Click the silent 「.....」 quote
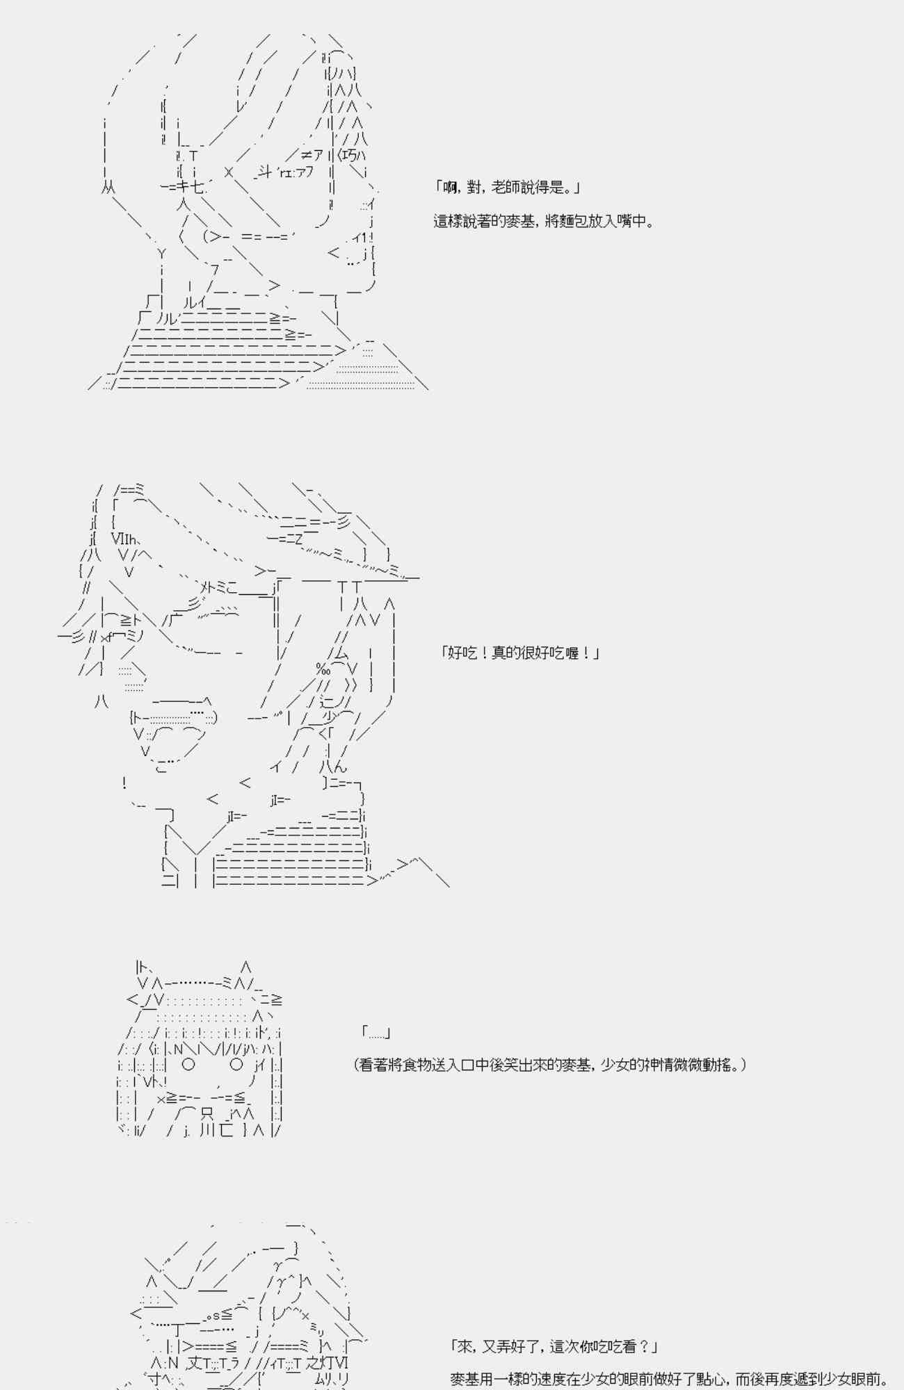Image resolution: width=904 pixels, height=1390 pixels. point(376,1033)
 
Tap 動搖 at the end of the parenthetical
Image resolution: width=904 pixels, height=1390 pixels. point(722,1065)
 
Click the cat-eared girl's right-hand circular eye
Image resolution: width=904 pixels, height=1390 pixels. point(236,1064)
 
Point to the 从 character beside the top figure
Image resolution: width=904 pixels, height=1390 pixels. point(108,187)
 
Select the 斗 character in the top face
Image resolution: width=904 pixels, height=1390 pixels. point(264,172)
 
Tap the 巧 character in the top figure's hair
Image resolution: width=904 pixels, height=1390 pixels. point(350,155)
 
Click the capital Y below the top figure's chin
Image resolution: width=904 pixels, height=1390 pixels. point(161,254)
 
